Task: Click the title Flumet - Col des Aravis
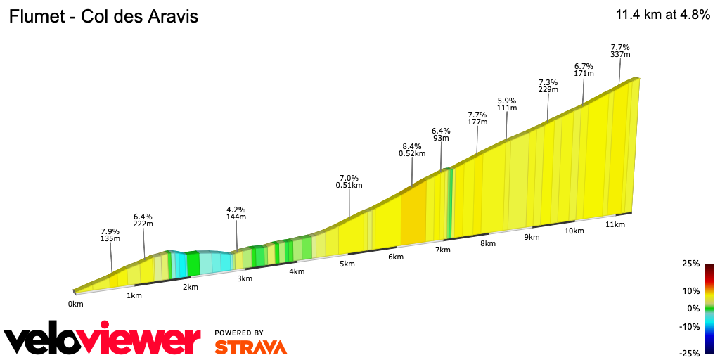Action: click(103, 16)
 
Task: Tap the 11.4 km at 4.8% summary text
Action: click(662, 15)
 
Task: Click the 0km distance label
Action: click(76, 304)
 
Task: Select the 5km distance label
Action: click(346, 264)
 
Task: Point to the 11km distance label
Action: click(615, 224)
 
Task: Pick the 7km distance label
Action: click(442, 250)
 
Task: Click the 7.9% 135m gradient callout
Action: click(110, 235)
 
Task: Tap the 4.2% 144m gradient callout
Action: click(236, 213)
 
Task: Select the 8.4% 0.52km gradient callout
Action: click(412, 150)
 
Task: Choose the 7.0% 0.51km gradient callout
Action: click(349, 181)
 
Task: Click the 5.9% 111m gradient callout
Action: click(506, 103)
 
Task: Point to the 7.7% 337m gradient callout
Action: click(620, 51)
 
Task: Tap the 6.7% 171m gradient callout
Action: click(584, 70)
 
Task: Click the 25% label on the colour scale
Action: click(690, 264)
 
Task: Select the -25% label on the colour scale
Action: click(689, 353)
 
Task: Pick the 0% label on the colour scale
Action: click(693, 308)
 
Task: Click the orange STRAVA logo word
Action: click(250, 347)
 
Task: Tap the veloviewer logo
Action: click(102, 340)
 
